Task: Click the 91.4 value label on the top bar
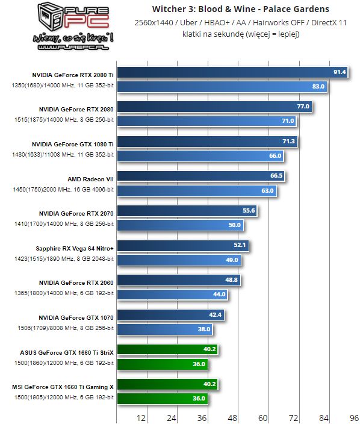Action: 340,72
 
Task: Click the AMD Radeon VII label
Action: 91,178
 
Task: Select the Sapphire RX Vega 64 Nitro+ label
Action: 75,248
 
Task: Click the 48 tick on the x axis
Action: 232,417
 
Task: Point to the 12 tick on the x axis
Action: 141,417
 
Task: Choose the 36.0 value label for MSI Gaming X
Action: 199,398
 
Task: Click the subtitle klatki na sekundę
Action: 241,34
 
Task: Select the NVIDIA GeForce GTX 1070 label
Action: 76,317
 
